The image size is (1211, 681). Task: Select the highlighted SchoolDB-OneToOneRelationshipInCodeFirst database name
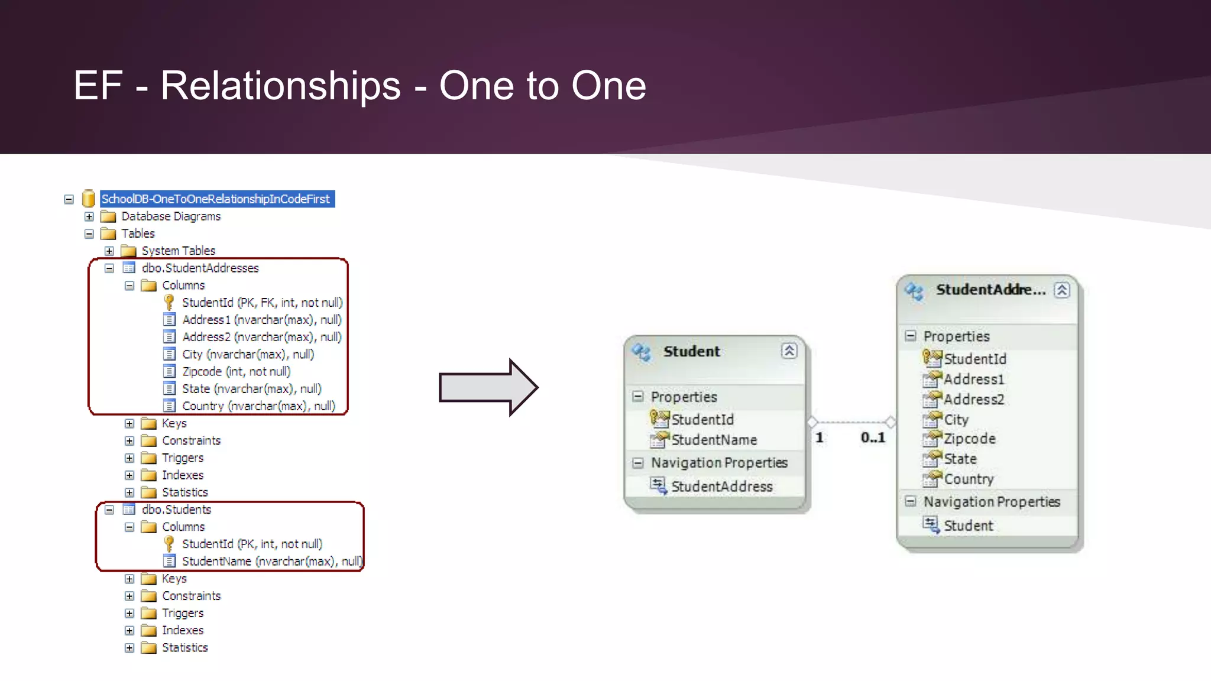[216, 199]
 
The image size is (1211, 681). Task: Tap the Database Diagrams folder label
[171, 216]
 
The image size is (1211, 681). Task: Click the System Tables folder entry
[178, 251]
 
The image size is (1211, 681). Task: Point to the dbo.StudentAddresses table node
[200, 268]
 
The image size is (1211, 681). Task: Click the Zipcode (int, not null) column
[236, 371]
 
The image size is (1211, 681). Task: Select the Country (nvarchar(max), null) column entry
[258, 406]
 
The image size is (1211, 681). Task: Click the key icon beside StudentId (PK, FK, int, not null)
[169, 302]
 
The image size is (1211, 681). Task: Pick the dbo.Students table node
[176, 510]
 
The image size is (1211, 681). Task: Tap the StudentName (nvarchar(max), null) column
[271, 561]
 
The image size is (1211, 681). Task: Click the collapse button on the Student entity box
[789, 351]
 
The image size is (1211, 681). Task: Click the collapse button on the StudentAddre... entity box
[1062, 290]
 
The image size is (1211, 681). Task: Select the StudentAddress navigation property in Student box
[721, 487]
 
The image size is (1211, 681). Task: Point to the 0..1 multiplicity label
[873, 437]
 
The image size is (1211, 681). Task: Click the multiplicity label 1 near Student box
[820, 437]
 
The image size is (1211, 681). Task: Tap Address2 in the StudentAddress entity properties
[973, 400]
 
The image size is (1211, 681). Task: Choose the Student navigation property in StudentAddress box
[968, 526]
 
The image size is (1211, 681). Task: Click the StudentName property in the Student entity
[714, 440]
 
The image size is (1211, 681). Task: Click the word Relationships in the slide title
[281, 86]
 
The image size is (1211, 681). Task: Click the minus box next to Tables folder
[89, 234]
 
